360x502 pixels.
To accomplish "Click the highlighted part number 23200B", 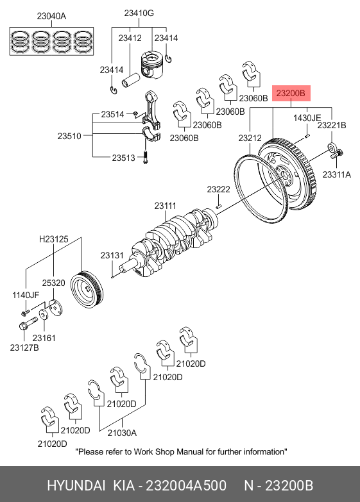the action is pos(291,93).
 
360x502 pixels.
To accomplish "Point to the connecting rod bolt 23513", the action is pos(145,157).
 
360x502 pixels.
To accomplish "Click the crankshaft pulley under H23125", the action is pos(87,290).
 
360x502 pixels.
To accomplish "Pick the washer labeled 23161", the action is pos(44,314).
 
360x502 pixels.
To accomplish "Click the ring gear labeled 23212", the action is pos(261,188).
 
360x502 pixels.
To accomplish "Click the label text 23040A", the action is pos(51,16).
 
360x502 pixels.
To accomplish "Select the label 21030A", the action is pos(122,433).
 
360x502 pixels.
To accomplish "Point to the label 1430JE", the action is pos(307,118).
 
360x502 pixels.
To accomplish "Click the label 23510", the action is pos(69,136).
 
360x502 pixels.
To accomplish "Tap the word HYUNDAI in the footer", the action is pos(76,486).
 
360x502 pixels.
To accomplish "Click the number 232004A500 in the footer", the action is pos(186,486).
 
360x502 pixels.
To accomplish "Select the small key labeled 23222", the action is pos(219,206).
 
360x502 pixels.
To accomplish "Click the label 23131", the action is pos(112,255).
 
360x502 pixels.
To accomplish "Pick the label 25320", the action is pos(53,283).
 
